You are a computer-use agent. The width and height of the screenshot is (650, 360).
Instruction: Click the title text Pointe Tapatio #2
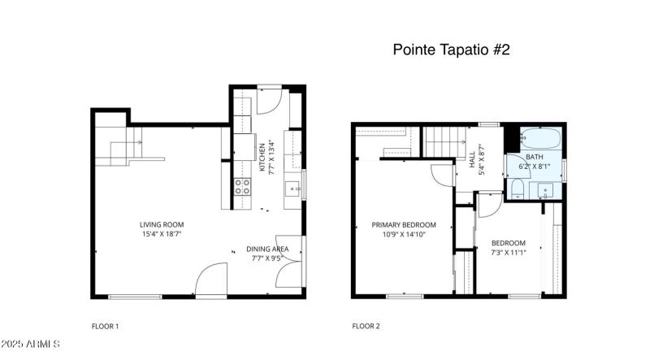(451, 50)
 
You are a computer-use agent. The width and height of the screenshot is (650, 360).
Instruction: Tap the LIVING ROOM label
(162, 225)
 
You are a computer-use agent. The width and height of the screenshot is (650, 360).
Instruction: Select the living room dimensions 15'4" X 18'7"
(162, 235)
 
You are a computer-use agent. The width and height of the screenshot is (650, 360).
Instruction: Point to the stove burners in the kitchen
(242, 188)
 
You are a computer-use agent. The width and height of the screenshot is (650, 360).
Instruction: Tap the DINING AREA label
(267, 249)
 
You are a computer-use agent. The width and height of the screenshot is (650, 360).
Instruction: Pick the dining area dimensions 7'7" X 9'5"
(267, 259)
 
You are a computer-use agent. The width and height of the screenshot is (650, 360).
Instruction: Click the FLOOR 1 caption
(105, 327)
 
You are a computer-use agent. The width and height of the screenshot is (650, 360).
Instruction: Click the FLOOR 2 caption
(365, 327)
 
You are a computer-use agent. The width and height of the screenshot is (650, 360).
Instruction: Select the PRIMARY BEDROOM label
(404, 225)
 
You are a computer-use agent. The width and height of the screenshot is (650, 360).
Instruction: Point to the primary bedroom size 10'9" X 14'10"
(404, 235)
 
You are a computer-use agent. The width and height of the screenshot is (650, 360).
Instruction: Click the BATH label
(534, 157)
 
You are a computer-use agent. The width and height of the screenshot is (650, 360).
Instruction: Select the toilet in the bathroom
(518, 191)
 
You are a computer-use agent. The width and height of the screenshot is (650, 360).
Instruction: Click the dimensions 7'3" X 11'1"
(508, 253)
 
